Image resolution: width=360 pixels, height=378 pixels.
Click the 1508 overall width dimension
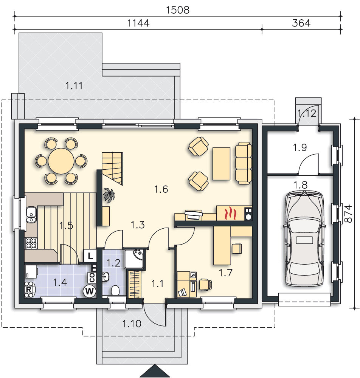click(178, 10)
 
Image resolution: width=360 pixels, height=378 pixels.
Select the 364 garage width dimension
click(301, 23)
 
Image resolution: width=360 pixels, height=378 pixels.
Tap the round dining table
click(61, 161)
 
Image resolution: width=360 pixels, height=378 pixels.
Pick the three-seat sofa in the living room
click(243, 163)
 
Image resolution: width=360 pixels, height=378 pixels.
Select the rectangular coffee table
click(221, 164)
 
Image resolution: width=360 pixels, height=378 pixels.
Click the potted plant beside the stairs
click(109, 195)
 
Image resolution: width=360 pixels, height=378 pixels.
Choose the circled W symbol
click(90, 291)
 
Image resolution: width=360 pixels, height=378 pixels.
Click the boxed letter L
click(90, 256)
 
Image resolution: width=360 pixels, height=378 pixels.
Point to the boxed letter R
click(28, 289)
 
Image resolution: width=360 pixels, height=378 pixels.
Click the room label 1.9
click(300, 147)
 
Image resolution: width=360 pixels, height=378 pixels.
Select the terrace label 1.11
click(74, 86)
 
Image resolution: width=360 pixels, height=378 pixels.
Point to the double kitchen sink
click(31, 214)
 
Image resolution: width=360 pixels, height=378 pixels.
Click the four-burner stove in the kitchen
click(31, 243)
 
